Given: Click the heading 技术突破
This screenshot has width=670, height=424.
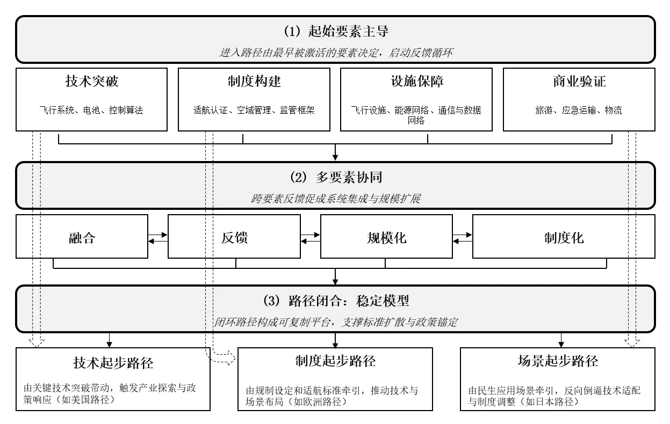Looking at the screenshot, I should tap(91, 82).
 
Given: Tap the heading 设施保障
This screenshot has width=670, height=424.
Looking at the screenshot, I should tap(416, 82).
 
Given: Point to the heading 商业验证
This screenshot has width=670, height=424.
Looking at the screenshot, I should tap(579, 82).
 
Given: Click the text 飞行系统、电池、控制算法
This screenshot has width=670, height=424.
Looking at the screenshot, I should tap(91, 111).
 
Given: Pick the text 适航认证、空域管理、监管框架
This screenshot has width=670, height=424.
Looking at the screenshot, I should tap(254, 111).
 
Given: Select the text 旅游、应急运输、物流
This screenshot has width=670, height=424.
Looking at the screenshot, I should tap(579, 111).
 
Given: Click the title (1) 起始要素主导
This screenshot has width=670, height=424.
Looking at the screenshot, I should tap(335, 31).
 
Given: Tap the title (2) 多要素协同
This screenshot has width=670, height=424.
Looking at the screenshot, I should tap(335, 177).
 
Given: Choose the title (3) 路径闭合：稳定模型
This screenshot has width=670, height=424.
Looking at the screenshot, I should tap(335, 300).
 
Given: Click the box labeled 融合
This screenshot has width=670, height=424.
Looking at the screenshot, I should tap(82, 237).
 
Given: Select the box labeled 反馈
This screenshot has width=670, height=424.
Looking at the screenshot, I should tap(234, 237).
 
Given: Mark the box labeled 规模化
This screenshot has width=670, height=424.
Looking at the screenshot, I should tap(386, 237).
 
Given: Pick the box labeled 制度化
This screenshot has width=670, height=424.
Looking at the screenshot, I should tap(564, 237).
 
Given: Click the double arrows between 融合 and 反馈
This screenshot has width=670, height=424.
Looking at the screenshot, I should tap(158, 237).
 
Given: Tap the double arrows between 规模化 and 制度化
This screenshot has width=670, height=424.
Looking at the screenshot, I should tap(463, 237).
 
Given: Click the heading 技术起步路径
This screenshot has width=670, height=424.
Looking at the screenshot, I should tap(113, 363).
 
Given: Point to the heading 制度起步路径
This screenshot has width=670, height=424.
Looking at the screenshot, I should tap(335, 361).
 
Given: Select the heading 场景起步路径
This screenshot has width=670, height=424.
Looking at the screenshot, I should tap(558, 361).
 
